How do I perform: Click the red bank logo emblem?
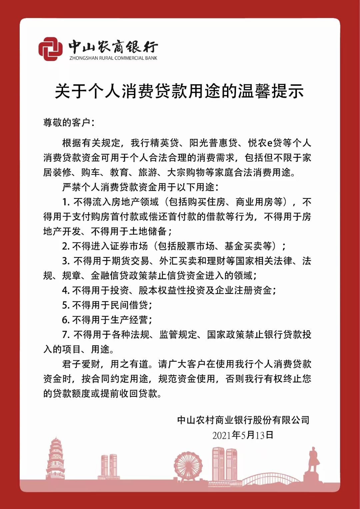click(x=50, y=49)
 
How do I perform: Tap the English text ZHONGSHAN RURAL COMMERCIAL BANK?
click(x=113, y=58)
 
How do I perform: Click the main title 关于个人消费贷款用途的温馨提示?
click(x=179, y=91)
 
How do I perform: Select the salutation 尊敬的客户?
click(x=67, y=123)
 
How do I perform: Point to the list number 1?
click(x=65, y=202)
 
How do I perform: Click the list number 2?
click(x=65, y=246)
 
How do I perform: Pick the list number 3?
click(x=65, y=261)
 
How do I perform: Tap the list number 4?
click(x=65, y=291)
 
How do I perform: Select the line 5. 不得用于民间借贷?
click(x=107, y=305)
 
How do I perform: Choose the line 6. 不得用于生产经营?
click(x=107, y=320)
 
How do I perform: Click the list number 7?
click(x=65, y=335)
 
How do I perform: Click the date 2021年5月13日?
click(x=243, y=435)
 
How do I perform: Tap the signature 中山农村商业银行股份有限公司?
click(x=243, y=420)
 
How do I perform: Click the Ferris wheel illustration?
click(x=188, y=466)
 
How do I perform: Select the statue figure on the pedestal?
click(x=313, y=460)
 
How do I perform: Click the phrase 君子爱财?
click(x=81, y=364)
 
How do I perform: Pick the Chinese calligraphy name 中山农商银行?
click(x=113, y=47)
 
